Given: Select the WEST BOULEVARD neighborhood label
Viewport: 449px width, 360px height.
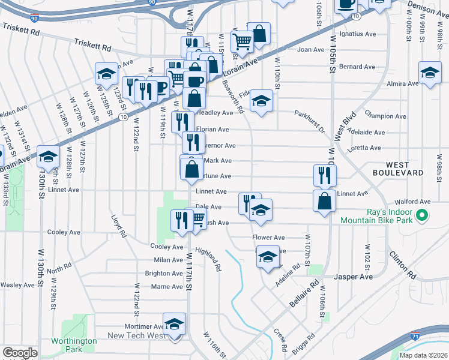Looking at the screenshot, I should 405,169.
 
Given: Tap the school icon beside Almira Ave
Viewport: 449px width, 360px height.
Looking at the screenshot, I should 430,73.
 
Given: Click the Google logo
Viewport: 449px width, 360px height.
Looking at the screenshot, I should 20,353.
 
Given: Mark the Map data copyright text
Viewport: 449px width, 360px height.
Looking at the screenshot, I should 423,355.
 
